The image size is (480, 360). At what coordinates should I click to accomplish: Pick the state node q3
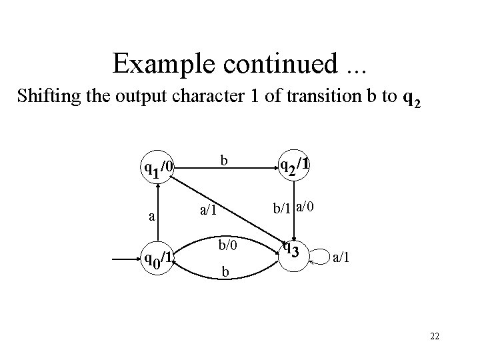292,251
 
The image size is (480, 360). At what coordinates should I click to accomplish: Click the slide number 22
435,338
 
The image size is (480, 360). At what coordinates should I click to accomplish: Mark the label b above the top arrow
225,161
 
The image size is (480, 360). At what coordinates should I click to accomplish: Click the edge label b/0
225,245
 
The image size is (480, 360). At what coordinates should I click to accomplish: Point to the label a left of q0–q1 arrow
151,215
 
